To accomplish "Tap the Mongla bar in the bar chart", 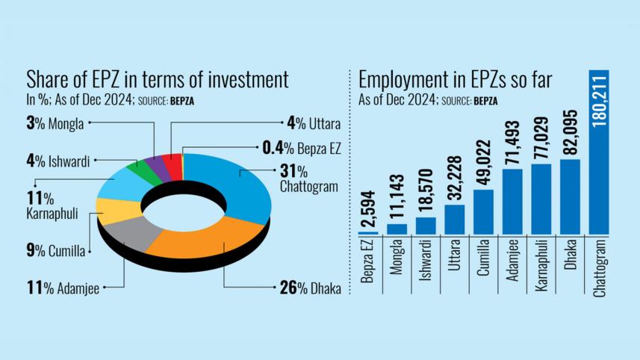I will click(397, 229).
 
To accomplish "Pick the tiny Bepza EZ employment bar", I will click(368, 232).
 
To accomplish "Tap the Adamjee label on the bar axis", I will click(513, 261).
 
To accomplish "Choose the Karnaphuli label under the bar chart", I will click(541, 266).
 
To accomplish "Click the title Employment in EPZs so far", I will click(456, 81).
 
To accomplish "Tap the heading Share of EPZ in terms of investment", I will click(158, 80).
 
